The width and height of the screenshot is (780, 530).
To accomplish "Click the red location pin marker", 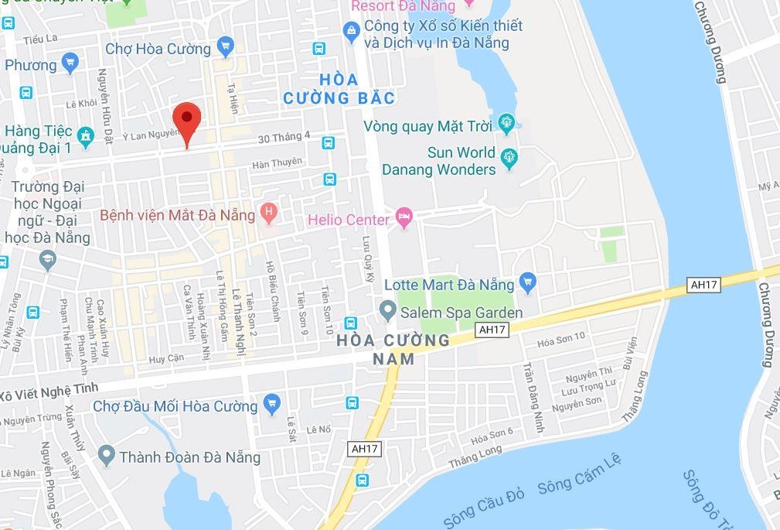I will tap(186, 121).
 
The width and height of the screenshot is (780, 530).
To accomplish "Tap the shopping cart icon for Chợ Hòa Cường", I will tap(225, 47).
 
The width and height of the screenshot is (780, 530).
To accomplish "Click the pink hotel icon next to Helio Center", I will tap(404, 219).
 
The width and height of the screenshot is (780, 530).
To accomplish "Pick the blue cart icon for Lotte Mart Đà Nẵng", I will tap(528, 282).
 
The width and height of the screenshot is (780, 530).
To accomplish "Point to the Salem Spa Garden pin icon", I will tap(388, 313).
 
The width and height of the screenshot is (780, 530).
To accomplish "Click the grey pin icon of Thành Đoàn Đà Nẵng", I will tap(107, 456).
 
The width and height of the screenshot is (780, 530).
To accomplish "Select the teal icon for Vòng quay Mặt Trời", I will tap(506, 123).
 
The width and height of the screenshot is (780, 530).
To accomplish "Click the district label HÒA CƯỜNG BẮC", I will tap(339, 89).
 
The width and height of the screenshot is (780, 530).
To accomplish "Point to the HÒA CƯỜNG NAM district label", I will tap(393, 349).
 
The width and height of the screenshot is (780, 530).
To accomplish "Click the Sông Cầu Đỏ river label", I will tap(485, 509).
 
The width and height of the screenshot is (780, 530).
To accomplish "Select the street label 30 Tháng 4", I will tap(284, 137).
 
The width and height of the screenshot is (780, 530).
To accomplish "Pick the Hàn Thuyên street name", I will tap(276, 163).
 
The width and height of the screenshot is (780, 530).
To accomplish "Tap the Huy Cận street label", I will tap(165, 358).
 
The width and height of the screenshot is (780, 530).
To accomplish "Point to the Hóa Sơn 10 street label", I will tap(561, 339).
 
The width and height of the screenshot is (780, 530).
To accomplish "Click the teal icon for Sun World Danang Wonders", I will tap(509, 159).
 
